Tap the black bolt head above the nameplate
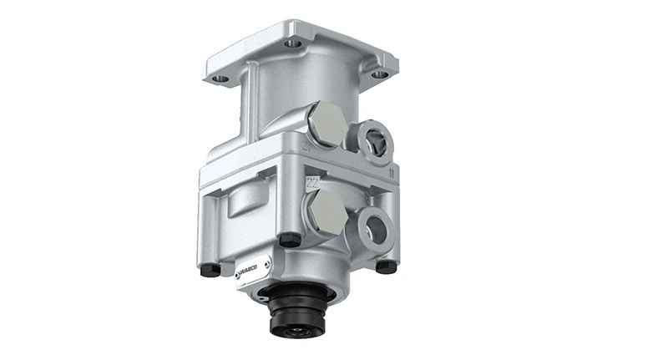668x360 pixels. coord(290,239)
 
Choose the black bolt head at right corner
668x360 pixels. coord(386,266)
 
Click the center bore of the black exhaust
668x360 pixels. coord(297,332)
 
